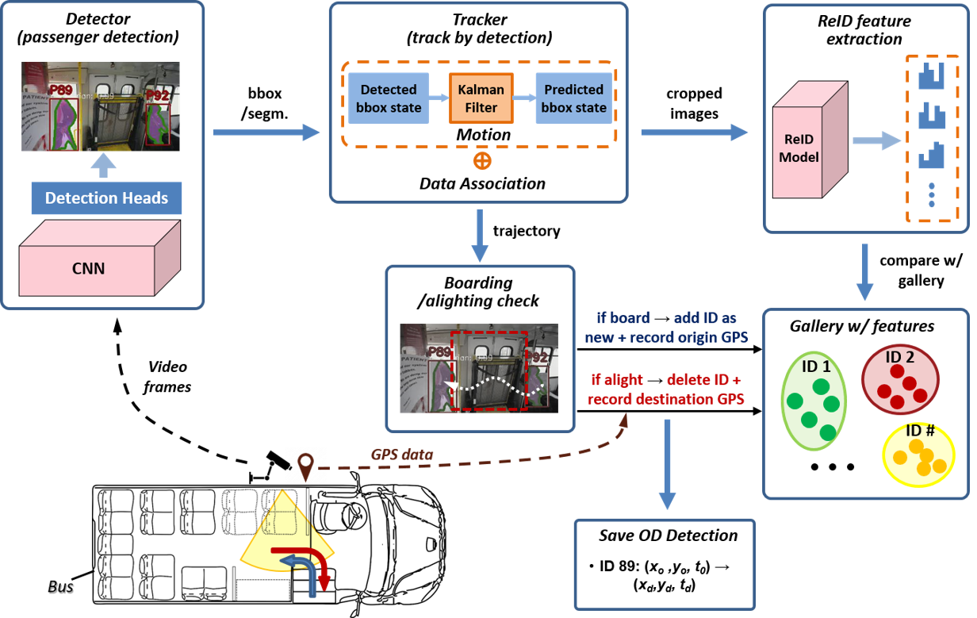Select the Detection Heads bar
[x=106, y=198]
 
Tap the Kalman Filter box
[x=481, y=99]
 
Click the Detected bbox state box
[x=389, y=99]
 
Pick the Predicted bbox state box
[x=574, y=99]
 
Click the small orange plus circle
[x=481, y=161]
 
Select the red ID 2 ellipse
[x=901, y=378]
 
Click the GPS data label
[x=402, y=455]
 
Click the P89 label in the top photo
[x=61, y=90]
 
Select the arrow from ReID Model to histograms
[x=876, y=141]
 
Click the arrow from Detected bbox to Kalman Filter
[x=439, y=98]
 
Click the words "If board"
[x=623, y=318]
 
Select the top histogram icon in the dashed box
[x=933, y=77]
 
